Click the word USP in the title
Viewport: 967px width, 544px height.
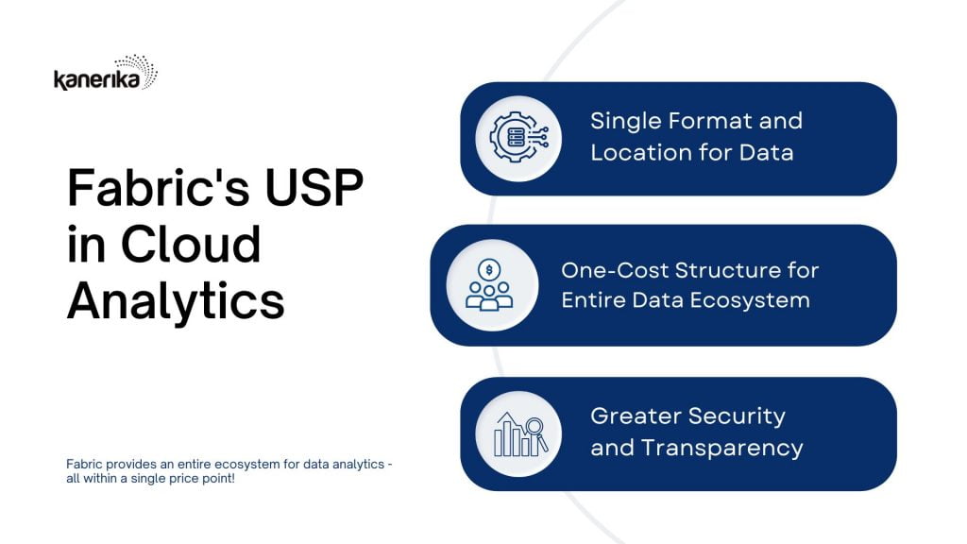point(314,188)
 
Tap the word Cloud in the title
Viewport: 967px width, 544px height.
point(191,245)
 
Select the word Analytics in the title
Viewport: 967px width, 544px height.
point(176,301)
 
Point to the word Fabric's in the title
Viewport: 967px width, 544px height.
point(159,188)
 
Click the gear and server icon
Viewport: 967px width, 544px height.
point(518,137)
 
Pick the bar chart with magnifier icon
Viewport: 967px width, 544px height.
point(520,434)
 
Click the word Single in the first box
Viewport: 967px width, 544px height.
point(625,122)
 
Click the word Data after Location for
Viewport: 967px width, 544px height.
point(766,152)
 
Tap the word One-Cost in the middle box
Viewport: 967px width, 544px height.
point(613,270)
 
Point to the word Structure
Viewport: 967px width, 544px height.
point(726,270)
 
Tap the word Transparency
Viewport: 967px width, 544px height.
point(722,449)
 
